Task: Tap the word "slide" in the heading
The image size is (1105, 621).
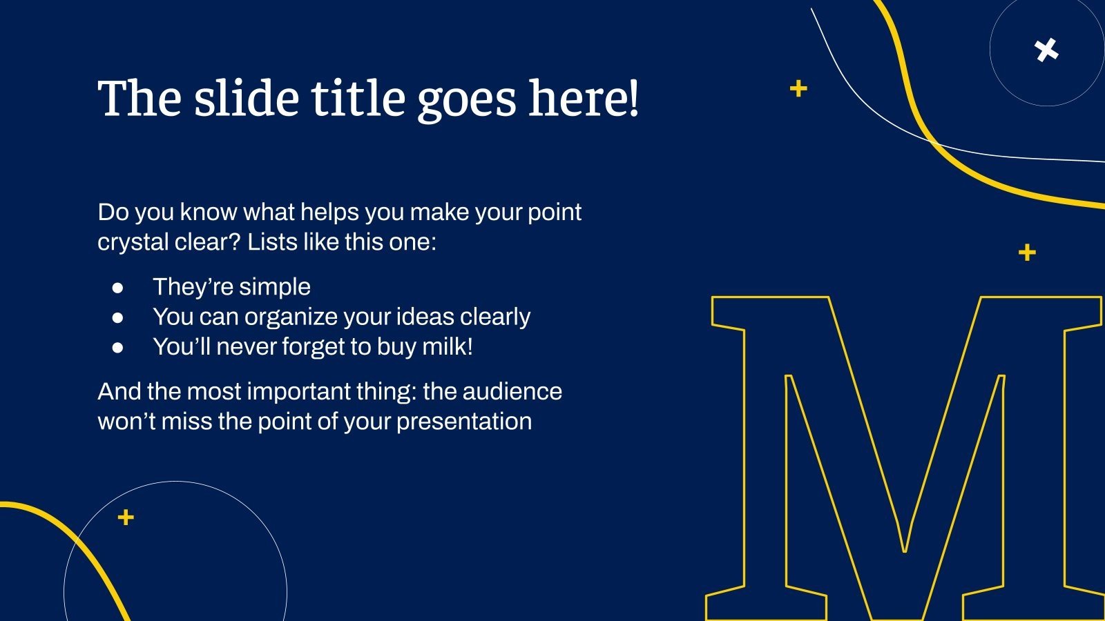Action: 246,99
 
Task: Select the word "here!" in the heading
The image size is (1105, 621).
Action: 584,99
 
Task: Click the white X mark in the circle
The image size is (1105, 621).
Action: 1047,50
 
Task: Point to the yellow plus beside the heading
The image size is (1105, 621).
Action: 798,88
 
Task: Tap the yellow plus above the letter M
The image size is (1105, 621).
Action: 1027,253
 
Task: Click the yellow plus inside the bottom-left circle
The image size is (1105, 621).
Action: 126,517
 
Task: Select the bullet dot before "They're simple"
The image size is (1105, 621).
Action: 117,287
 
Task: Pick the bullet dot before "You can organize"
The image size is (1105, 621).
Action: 117,317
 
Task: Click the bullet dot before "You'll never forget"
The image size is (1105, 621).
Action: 117,347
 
